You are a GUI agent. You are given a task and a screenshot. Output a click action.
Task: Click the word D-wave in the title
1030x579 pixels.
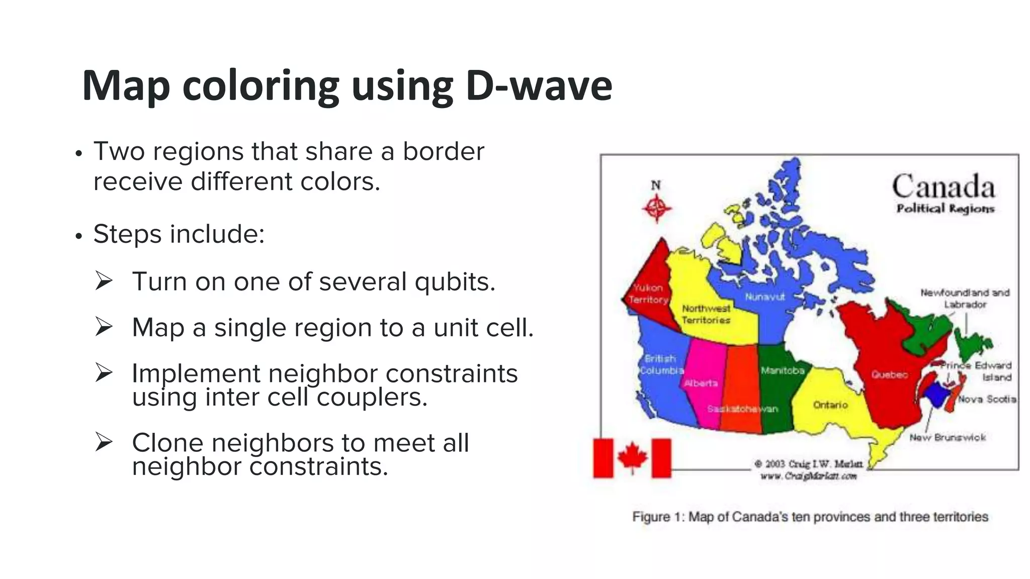[x=539, y=85]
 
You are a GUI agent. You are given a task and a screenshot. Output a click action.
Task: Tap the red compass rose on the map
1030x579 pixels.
[x=656, y=208]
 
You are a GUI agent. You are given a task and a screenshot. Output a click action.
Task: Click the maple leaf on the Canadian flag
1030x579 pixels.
[x=632, y=457]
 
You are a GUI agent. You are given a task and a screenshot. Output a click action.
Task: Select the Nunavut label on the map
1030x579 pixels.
[x=764, y=297]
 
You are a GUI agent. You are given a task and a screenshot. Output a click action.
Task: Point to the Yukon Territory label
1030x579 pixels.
[x=648, y=294]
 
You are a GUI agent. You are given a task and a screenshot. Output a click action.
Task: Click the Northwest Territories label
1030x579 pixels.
[x=706, y=314]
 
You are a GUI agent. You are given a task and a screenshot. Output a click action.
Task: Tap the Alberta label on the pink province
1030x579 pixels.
[x=701, y=383]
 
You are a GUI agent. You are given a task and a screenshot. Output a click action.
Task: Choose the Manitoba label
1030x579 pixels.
[x=783, y=370]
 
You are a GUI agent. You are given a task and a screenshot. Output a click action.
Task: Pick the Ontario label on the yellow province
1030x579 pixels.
[x=830, y=405]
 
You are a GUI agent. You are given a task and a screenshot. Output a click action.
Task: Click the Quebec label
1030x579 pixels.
[x=890, y=374]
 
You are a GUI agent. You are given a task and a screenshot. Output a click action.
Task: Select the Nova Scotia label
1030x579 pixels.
[x=987, y=399]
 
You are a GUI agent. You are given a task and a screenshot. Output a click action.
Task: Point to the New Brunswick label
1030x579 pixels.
[x=948, y=437]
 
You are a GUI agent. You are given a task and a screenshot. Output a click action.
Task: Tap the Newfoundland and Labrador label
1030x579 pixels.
[x=965, y=299]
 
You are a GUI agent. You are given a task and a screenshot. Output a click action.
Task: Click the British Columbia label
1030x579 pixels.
[x=661, y=364]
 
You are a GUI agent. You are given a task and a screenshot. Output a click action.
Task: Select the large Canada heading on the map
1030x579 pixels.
[x=943, y=187]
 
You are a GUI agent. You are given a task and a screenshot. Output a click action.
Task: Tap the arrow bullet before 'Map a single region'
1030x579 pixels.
[x=104, y=327]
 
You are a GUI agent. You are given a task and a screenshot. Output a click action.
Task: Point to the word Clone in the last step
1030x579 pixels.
[x=167, y=443]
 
